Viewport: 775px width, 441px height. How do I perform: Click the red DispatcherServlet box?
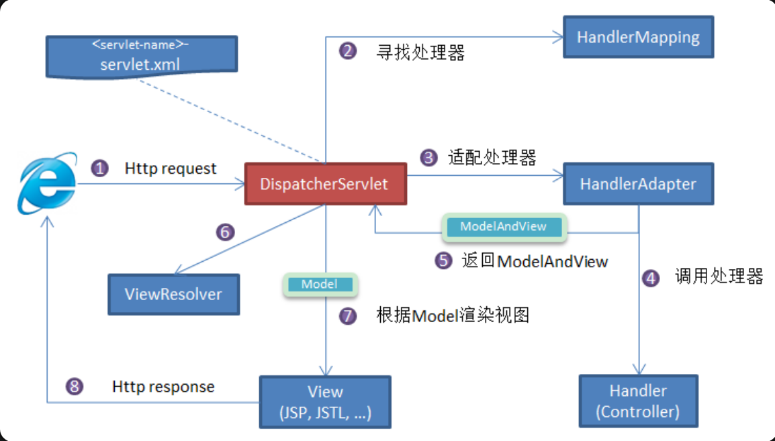pyautogui.click(x=326, y=184)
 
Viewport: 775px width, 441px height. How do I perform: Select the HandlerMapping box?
pyautogui.click(x=638, y=37)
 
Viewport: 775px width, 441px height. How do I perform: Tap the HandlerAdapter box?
pyautogui.click(x=638, y=184)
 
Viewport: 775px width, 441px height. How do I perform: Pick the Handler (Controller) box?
pyautogui.click(x=638, y=401)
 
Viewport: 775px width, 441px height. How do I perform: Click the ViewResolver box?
pyautogui.click(x=173, y=294)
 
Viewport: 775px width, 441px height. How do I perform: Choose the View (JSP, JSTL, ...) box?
pyautogui.click(x=325, y=402)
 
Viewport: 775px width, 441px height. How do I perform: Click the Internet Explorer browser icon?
pyautogui.click(x=48, y=183)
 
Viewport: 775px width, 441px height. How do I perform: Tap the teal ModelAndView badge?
pyautogui.click(x=504, y=227)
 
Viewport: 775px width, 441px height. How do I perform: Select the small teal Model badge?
pyautogui.click(x=320, y=285)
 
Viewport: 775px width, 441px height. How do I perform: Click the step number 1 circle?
pyautogui.click(x=100, y=168)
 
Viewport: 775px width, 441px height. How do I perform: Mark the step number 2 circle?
pyautogui.click(x=348, y=51)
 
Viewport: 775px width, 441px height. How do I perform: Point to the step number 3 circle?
pyautogui.click(x=428, y=158)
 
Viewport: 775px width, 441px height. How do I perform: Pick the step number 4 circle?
pyautogui.click(x=651, y=278)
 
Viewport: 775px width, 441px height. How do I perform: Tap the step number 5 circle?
pyautogui.click(x=443, y=260)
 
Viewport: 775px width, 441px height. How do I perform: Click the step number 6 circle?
pyautogui.click(x=225, y=232)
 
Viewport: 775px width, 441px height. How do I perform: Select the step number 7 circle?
pyautogui.click(x=348, y=315)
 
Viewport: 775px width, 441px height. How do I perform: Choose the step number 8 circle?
pyautogui.click(x=75, y=386)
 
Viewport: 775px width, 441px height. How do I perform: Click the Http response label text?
pyautogui.click(x=163, y=387)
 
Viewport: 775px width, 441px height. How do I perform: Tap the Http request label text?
pyautogui.click(x=171, y=168)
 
